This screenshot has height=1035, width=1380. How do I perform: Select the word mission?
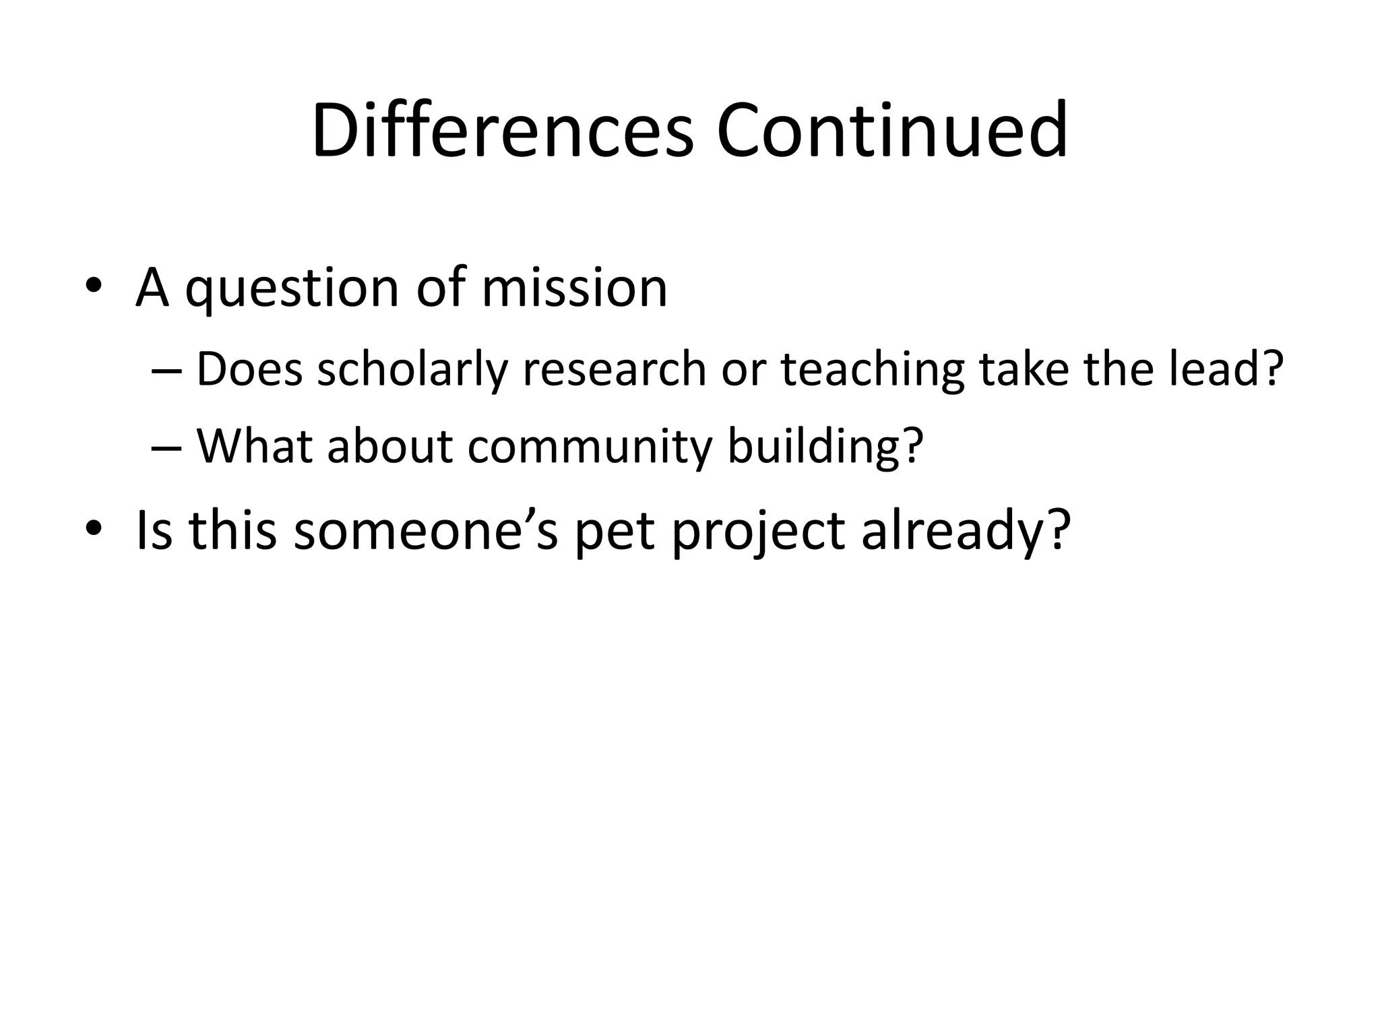click(574, 287)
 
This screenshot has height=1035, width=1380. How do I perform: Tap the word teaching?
click(873, 371)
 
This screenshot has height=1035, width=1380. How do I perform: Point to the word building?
click(823, 446)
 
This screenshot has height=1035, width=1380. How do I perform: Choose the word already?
click(966, 530)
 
